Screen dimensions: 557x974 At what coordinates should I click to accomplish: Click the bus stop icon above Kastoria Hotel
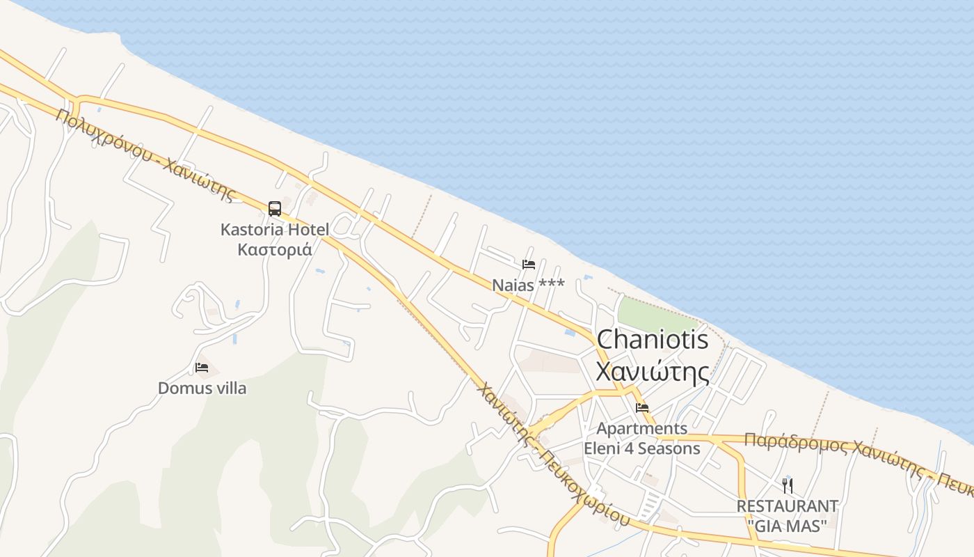(x=275, y=208)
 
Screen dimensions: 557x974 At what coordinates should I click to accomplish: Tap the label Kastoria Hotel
(x=274, y=229)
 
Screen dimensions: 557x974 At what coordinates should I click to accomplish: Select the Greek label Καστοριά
(x=274, y=249)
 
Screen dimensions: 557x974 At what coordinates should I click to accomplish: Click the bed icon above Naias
(x=529, y=265)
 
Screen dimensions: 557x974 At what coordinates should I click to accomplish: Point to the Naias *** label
(x=528, y=285)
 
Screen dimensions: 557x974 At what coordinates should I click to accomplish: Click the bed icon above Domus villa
(x=202, y=368)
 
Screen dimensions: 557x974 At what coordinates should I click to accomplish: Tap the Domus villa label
(x=202, y=388)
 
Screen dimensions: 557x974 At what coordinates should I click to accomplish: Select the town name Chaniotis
(x=653, y=340)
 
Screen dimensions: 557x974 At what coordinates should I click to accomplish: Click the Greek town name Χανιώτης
(x=653, y=371)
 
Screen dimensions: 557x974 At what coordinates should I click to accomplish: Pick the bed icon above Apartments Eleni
(x=641, y=408)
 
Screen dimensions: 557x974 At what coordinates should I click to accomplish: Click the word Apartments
(x=641, y=428)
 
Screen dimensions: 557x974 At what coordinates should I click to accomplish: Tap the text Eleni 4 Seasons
(x=641, y=448)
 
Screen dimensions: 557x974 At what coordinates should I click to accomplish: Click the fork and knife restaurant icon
(x=787, y=485)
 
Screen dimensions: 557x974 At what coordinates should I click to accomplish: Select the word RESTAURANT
(x=787, y=505)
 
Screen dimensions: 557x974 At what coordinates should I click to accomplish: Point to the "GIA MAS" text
(x=787, y=525)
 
